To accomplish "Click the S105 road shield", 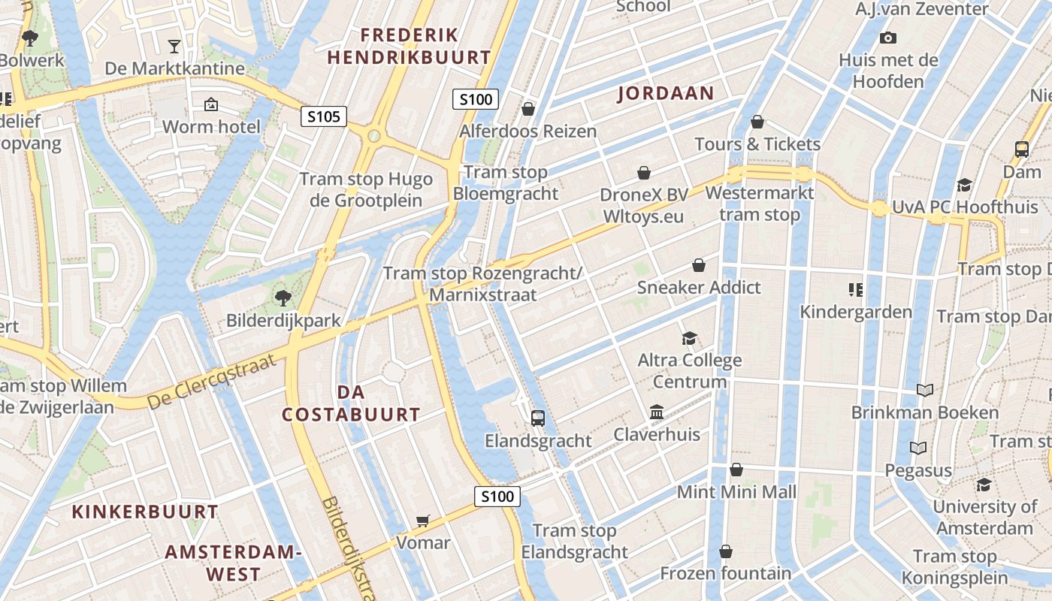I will [324, 116].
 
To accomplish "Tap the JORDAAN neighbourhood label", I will [666, 93].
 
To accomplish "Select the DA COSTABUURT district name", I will [351, 403].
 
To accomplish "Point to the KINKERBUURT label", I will [145, 512].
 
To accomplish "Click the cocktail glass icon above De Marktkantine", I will [174, 47].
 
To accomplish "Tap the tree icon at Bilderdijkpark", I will [283, 298].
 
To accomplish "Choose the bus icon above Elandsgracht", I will [538, 418].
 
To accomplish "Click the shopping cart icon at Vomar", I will [423, 521].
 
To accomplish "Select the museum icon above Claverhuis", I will [657, 412].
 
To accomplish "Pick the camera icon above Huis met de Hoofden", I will [888, 38].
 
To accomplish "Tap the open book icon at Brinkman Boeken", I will [925, 390].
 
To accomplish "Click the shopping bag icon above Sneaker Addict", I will [699, 265].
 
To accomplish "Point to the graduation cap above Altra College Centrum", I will [689, 338].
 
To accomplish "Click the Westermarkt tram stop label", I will [760, 204].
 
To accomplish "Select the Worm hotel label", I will [211, 126].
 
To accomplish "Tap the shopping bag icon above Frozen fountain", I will [726, 552].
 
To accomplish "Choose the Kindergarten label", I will [856, 311].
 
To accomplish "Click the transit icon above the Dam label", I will [1022, 149].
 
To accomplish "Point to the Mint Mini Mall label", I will [736, 492].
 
